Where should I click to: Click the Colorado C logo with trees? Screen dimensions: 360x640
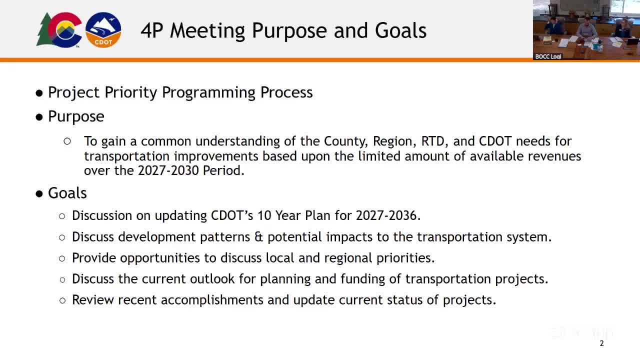(x=59, y=29)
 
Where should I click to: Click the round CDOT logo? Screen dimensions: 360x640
(x=103, y=29)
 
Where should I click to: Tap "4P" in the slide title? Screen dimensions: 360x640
(x=152, y=30)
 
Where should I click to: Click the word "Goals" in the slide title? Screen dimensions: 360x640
(x=400, y=30)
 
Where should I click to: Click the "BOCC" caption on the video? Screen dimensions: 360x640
(x=542, y=56)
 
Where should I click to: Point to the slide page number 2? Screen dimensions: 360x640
(x=601, y=343)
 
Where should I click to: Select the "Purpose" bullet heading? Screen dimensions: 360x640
(x=76, y=116)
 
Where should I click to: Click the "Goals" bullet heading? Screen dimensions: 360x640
(x=67, y=193)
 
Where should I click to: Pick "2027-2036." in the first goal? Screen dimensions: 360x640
(x=388, y=215)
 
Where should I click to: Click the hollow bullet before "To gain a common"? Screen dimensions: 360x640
(x=67, y=141)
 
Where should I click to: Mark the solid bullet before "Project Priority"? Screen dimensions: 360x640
(x=39, y=93)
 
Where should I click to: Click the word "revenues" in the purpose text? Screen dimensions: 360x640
(x=554, y=156)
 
